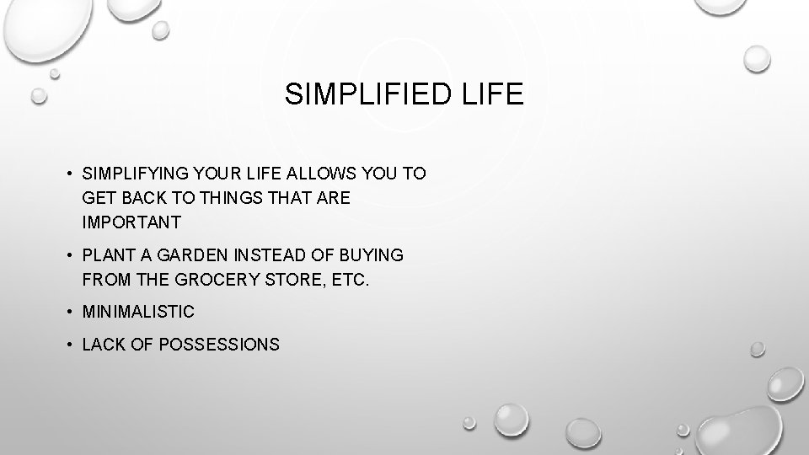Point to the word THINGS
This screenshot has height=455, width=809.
coord(221,198)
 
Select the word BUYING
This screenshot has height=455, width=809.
coord(374,254)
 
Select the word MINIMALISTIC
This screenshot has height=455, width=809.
coord(138,312)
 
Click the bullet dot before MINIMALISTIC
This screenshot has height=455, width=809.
coord(70,312)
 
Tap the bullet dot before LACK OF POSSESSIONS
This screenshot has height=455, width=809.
coord(70,345)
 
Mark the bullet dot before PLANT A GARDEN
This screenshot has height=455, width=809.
coord(70,254)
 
